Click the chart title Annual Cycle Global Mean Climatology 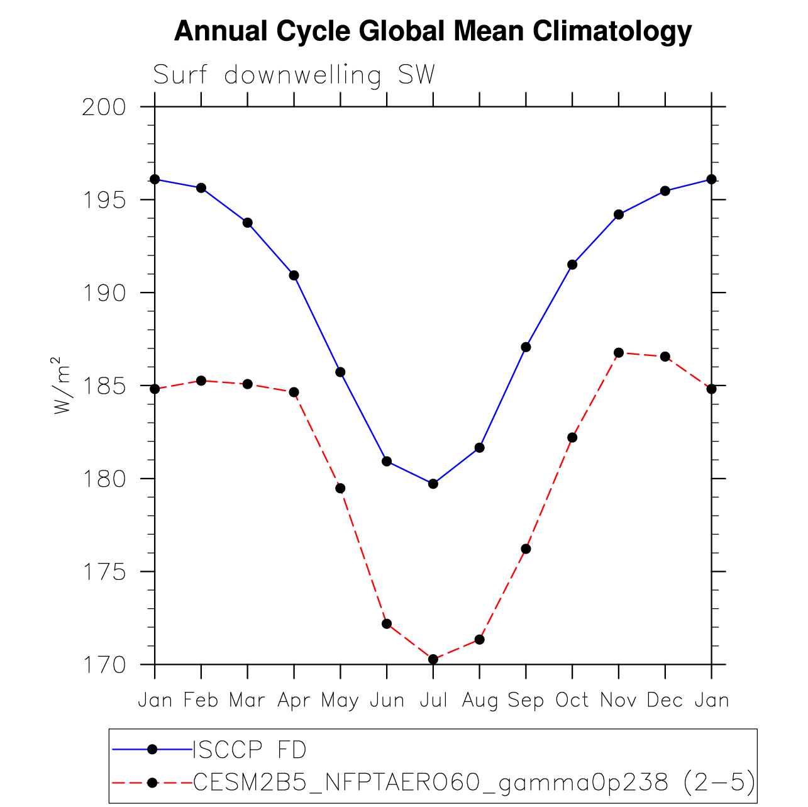[433, 31]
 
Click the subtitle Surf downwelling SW [294, 75]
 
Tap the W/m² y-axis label [60, 385]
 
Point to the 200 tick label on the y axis [104, 108]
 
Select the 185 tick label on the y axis [104, 386]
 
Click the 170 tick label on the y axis [104, 665]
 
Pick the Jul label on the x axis [433, 700]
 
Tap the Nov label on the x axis [619, 700]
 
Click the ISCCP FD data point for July [433, 484]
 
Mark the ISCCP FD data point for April [294, 275]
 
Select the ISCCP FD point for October [572, 264]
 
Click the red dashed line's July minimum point [433, 659]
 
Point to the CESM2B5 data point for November [619, 352]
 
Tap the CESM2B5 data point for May [340, 488]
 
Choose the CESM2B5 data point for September [526, 548]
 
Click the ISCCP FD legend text [250, 750]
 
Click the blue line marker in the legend [152, 749]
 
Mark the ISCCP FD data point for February [201, 187]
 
